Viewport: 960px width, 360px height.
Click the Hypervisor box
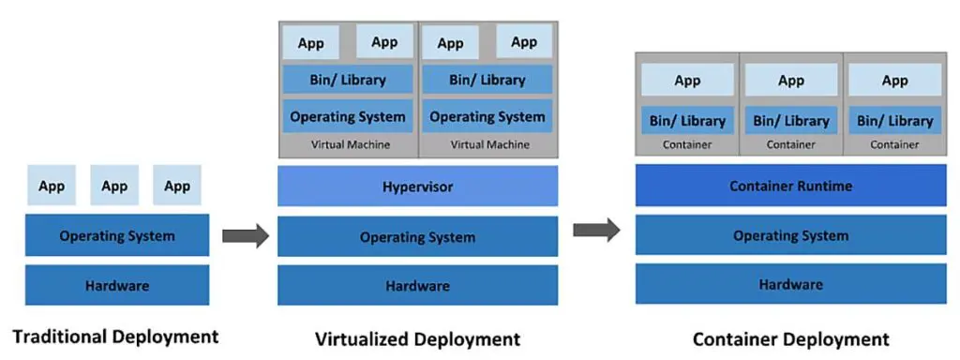click(417, 187)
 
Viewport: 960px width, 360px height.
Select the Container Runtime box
click(790, 186)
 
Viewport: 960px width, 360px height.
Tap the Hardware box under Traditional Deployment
click(116, 285)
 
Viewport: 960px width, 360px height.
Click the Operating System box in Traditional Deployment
click(116, 235)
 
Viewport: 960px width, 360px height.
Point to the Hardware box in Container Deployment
click(790, 284)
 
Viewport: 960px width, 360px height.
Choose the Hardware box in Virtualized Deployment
click(417, 285)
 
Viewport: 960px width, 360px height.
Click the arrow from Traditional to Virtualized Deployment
click(246, 236)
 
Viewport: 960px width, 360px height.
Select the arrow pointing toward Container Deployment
click(596, 229)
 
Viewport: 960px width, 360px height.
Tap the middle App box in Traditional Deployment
click(114, 186)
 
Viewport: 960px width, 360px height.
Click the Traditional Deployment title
click(115, 336)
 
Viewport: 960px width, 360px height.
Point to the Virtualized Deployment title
click(417, 338)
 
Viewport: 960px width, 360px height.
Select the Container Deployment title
click(790, 338)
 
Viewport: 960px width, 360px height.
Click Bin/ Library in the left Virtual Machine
click(348, 80)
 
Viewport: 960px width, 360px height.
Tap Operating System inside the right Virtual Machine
click(487, 117)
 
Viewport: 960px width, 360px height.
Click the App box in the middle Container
click(791, 81)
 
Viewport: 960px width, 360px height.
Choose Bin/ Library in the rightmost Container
click(894, 120)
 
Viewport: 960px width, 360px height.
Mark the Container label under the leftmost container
click(687, 144)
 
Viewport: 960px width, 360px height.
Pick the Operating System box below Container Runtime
click(790, 235)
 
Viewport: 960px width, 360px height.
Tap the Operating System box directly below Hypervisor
click(417, 237)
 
